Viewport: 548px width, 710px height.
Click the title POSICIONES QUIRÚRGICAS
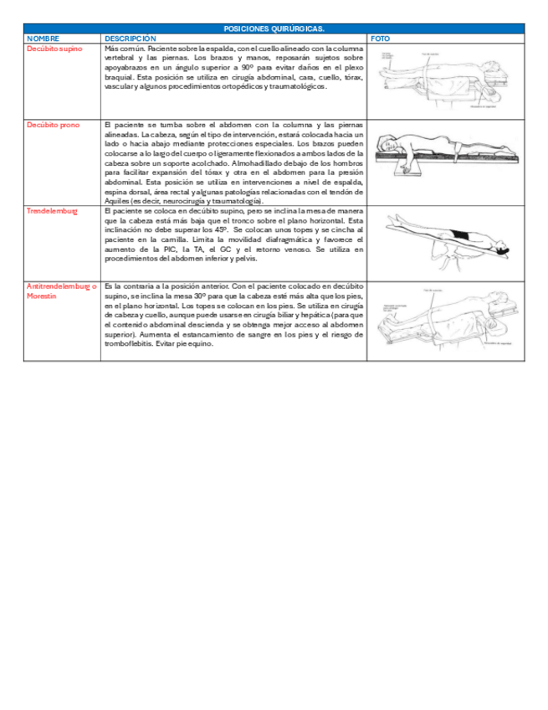pos(274,29)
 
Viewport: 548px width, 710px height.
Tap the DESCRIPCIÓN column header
pos(130,39)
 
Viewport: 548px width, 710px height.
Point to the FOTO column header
pos(379,39)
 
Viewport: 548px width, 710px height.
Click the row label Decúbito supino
pos(55,49)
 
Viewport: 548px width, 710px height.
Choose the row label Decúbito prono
pos(54,125)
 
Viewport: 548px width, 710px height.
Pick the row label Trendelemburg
pos(52,211)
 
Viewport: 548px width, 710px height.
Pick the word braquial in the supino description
pos(119,77)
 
